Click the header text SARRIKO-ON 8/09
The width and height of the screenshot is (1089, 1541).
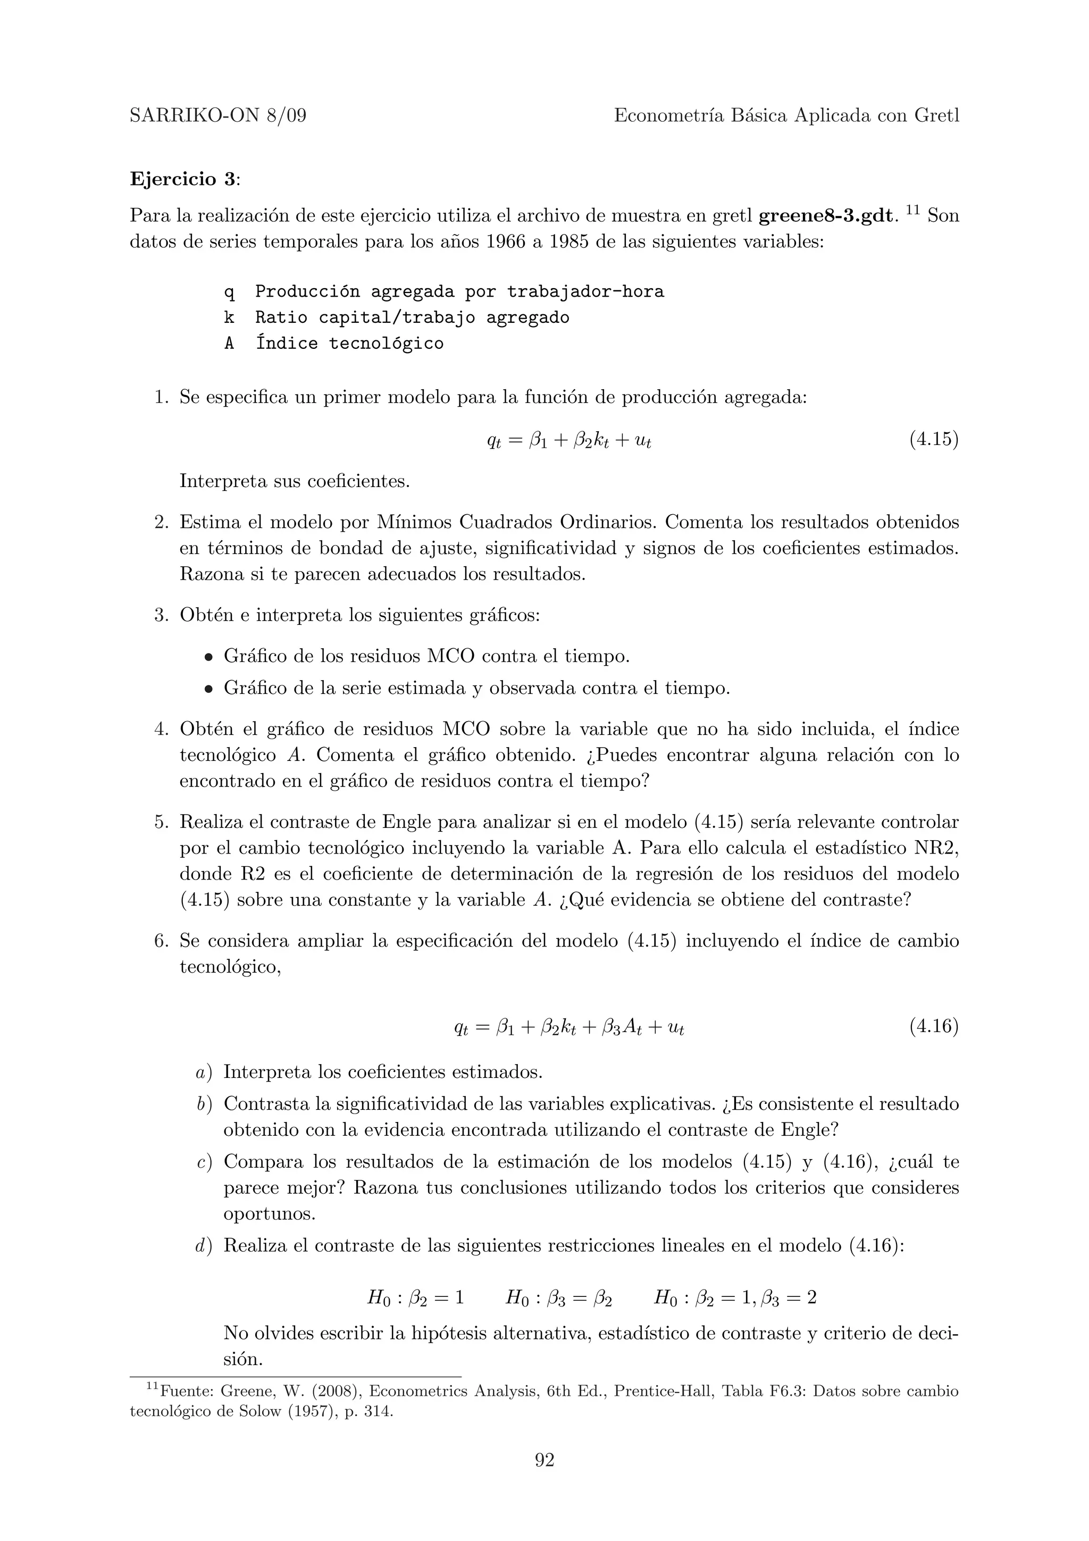[217, 116]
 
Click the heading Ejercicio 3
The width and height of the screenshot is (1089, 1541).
[183, 179]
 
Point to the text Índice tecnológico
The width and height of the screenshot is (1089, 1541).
[349, 344]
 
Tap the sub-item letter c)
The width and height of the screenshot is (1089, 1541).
[204, 1162]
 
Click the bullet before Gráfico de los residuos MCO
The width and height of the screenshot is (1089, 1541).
[210, 657]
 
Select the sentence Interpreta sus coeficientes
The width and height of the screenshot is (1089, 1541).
[295, 481]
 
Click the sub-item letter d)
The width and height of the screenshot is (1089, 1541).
[204, 1246]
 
